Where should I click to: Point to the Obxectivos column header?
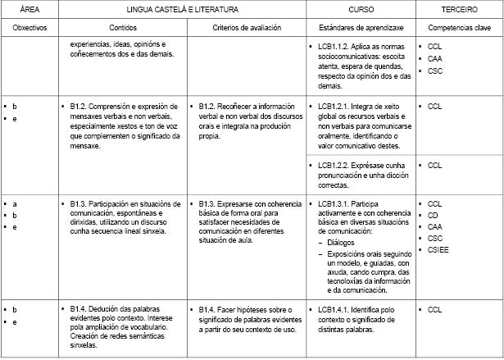coord(30,27)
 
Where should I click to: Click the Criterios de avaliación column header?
coord(246,27)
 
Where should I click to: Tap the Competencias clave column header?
coord(460,27)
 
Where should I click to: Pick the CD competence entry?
coord(434,215)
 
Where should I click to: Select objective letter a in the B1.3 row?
coord(15,203)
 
